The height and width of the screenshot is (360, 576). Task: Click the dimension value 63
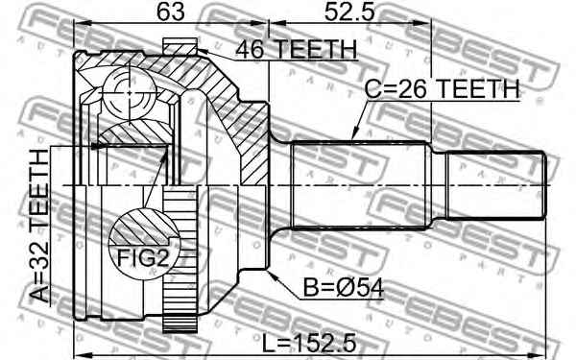point(171,12)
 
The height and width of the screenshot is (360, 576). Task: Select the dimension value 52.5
point(349,12)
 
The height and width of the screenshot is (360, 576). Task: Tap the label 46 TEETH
point(296,50)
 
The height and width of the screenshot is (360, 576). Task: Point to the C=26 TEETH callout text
point(443,88)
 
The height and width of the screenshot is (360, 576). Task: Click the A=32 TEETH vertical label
point(39,226)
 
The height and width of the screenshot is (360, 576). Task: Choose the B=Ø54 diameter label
point(344,288)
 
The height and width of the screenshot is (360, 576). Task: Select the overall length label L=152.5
point(309,344)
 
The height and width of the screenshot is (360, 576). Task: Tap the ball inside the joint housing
point(130,92)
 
